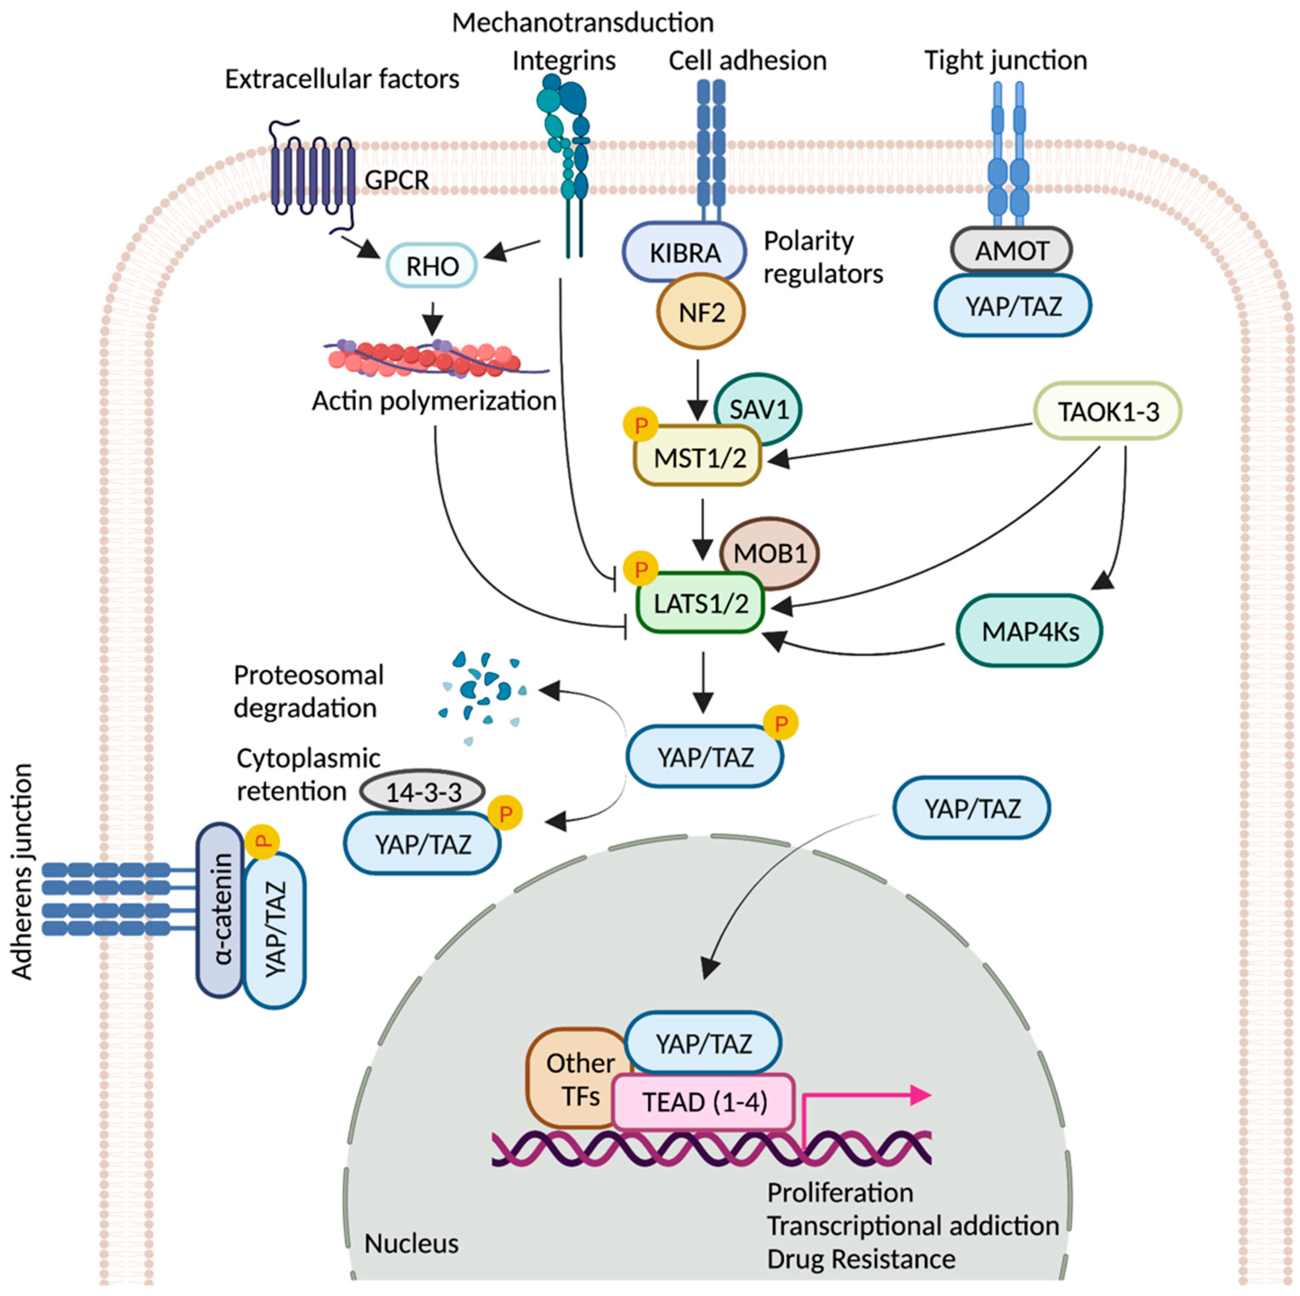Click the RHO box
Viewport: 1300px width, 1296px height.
pos(431,266)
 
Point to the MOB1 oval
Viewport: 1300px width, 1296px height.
pos(770,553)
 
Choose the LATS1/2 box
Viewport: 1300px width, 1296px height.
pos(700,604)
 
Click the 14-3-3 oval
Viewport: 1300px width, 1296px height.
pos(423,792)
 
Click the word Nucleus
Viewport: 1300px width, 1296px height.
pos(411,1243)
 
